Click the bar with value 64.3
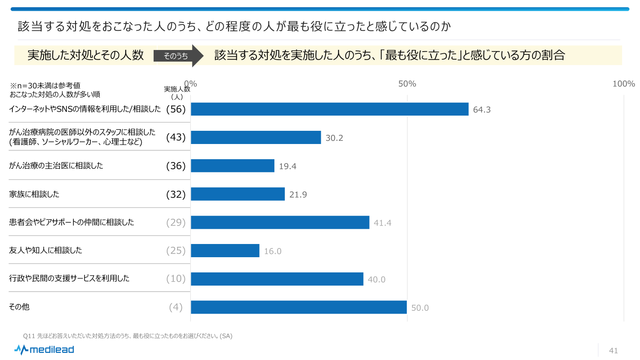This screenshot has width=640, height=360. [x=330, y=109]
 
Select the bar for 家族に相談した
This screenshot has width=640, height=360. [x=238, y=194]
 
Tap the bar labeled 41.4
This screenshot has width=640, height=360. [x=280, y=222]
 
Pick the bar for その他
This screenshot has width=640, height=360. [x=299, y=307]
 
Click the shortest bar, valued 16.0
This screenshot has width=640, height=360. [x=225, y=251]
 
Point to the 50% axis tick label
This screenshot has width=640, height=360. [x=407, y=84]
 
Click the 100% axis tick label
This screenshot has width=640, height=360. [x=623, y=84]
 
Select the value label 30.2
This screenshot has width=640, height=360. [x=334, y=138]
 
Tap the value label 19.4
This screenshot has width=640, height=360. [x=288, y=166]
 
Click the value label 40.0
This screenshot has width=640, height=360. [x=376, y=280]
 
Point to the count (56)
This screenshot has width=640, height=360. [x=176, y=109]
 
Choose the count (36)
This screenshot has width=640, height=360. [x=176, y=166]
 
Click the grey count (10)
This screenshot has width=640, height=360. [x=176, y=279]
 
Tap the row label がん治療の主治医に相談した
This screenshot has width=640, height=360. [x=56, y=166]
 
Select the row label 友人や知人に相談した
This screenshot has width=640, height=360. [x=46, y=250]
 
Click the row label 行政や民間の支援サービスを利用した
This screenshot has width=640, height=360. [x=69, y=278]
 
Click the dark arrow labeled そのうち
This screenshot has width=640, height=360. [x=178, y=56]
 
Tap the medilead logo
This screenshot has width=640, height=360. [x=44, y=350]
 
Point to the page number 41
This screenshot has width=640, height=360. [x=613, y=351]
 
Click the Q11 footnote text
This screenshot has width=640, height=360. [x=128, y=336]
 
